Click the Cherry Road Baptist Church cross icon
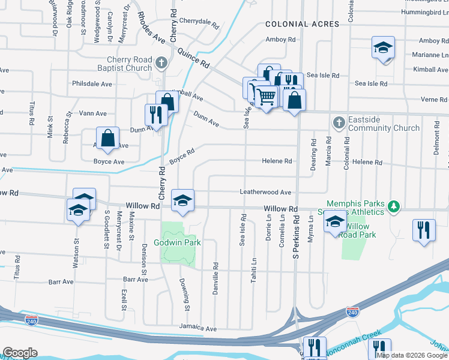(x=161, y=62)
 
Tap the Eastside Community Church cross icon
(x=339, y=123)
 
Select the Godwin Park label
(x=177, y=243)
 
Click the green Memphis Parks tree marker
(x=394, y=207)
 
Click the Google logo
(x=20, y=353)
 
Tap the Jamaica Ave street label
(x=198, y=329)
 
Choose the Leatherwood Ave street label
(x=265, y=193)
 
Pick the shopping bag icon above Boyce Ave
(x=107, y=137)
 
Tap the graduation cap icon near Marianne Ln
(x=382, y=47)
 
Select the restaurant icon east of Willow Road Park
(x=424, y=229)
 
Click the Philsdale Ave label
(x=92, y=84)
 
